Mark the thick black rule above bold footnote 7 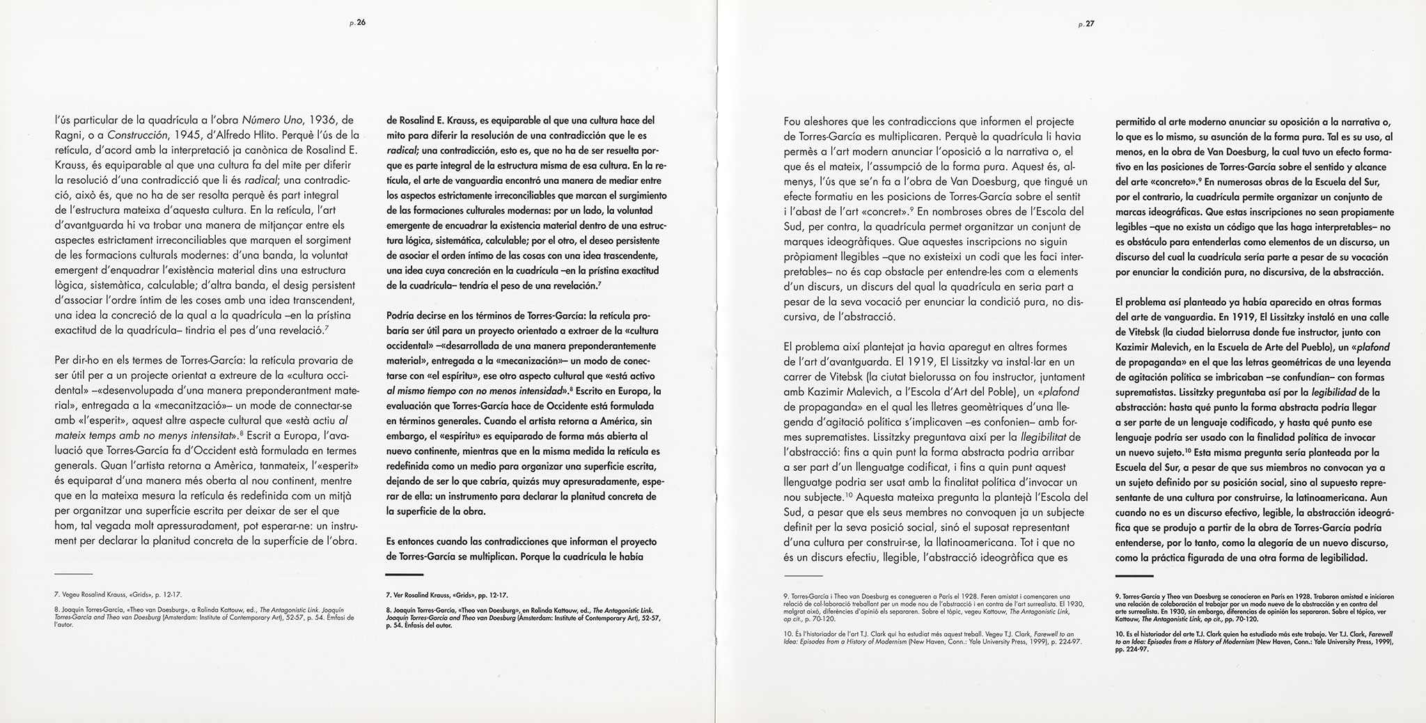(x=405, y=575)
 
